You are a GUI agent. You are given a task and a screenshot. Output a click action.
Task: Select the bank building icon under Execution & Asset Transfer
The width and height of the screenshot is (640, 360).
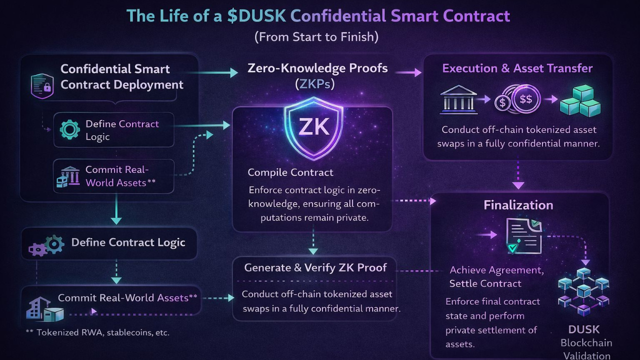(456, 99)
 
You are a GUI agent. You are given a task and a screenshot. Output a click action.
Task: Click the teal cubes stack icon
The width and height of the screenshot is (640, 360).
(580, 100)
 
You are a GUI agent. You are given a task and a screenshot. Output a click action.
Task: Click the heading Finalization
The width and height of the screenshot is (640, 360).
(518, 205)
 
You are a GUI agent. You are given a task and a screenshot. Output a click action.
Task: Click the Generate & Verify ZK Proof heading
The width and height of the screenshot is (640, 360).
(315, 267)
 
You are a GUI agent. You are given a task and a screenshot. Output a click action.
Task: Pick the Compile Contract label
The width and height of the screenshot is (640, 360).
(290, 172)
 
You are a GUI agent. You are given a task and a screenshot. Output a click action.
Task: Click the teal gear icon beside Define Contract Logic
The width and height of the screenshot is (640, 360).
(69, 129)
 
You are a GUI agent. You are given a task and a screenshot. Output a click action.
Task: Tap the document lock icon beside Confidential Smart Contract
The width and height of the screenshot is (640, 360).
(42, 85)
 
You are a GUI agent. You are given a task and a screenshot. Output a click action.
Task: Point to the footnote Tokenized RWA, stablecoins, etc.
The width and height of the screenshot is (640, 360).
(97, 332)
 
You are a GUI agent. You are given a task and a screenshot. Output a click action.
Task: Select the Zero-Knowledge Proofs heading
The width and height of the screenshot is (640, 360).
(317, 68)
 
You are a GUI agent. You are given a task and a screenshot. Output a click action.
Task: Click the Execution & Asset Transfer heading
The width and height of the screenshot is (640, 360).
(517, 68)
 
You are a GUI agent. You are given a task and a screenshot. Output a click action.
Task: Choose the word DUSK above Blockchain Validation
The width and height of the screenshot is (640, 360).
(583, 329)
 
